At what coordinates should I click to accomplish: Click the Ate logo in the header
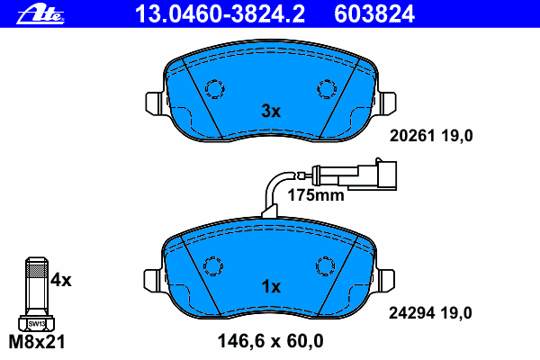[40, 14]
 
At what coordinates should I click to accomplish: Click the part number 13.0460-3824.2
[220, 14]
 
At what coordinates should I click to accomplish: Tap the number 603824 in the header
[374, 14]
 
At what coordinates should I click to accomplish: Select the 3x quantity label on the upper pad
[271, 111]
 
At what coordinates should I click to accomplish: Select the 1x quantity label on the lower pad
[271, 286]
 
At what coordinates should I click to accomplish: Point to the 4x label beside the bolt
[60, 280]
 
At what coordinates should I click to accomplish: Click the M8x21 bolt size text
[37, 342]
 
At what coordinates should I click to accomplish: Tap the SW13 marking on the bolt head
[37, 324]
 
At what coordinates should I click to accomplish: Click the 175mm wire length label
[316, 195]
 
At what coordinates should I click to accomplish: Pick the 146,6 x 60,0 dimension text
[270, 341]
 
